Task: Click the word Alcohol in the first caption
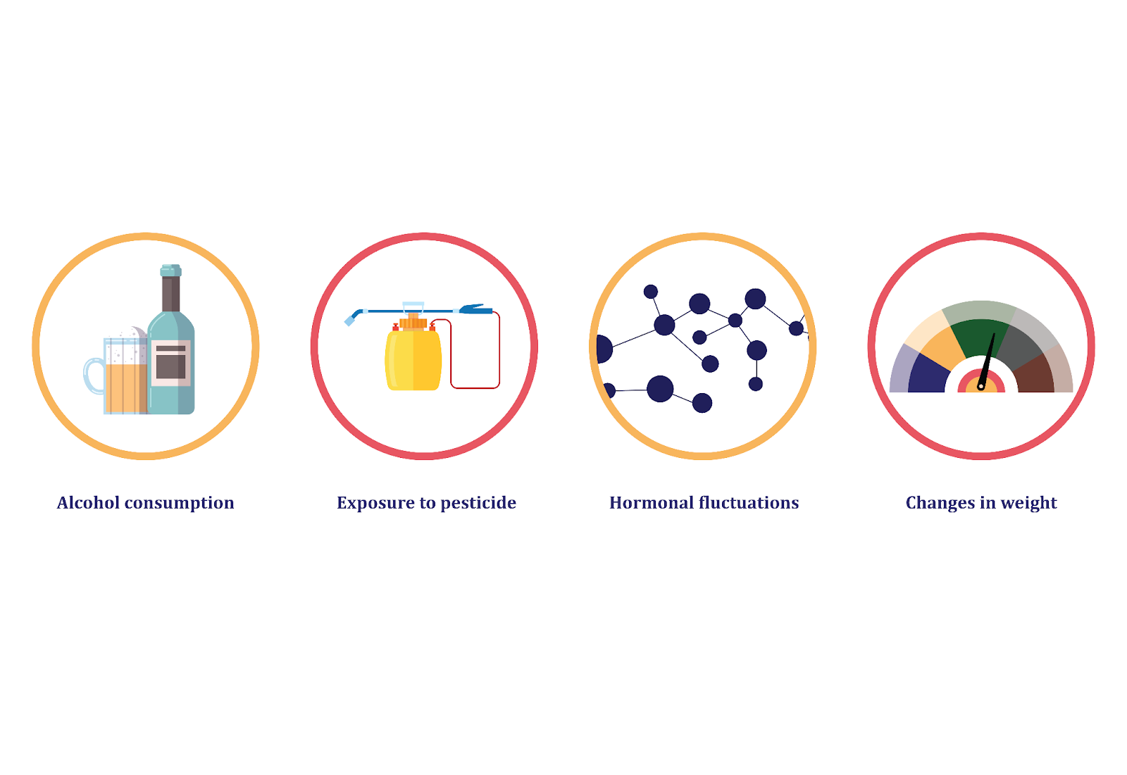point(88,503)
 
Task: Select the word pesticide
point(478,504)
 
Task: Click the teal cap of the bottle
point(171,271)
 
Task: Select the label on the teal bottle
point(171,363)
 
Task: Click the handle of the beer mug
point(94,376)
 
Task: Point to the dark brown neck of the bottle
point(171,294)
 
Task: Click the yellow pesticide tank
point(413,360)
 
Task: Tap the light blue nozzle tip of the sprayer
point(349,321)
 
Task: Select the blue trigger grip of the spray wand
point(475,309)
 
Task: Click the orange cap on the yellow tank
point(413,322)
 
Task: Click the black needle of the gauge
point(987,361)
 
